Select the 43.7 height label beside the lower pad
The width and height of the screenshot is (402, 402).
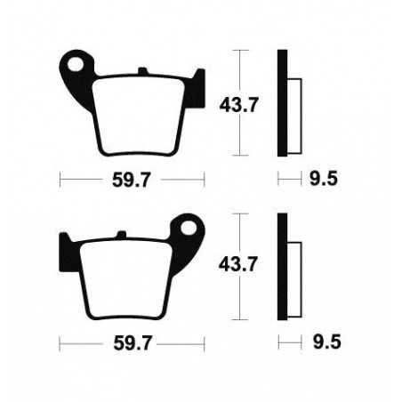click(x=238, y=264)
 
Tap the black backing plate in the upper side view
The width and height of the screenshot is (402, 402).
click(x=282, y=100)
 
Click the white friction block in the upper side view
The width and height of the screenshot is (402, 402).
click(x=296, y=108)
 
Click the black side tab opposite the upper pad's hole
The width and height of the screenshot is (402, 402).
click(x=200, y=81)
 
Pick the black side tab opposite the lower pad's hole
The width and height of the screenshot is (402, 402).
click(x=65, y=245)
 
